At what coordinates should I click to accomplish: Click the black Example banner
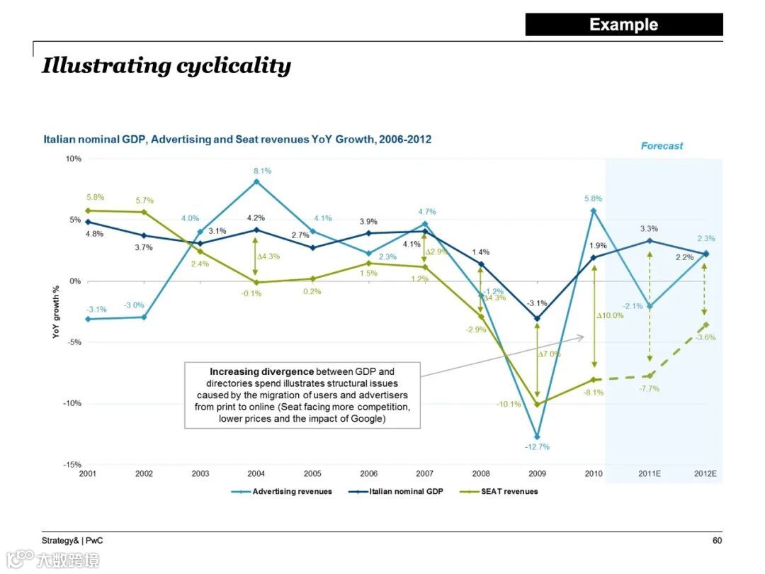click(623, 25)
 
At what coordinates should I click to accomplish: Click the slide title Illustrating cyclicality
click(166, 66)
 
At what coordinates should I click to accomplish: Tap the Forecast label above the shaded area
click(662, 146)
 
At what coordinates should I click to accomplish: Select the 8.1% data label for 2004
click(261, 171)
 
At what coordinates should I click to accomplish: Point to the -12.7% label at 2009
click(537, 447)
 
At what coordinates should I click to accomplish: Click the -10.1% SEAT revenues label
click(509, 405)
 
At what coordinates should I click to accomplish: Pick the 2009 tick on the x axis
click(537, 473)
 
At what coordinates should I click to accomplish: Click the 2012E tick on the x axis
click(705, 473)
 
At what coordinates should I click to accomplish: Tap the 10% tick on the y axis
click(74, 159)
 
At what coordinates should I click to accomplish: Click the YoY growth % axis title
click(57, 312)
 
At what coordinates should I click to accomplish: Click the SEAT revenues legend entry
click(509, 491)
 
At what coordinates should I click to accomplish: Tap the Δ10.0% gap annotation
click(610, 315)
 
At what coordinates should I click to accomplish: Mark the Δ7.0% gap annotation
click(549, 354)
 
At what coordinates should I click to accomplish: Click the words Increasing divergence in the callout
click(261, 371)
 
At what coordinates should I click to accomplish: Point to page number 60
click(717, 541)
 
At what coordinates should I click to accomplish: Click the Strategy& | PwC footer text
click(72, 541)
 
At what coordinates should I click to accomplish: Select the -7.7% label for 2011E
click(649, 389)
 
